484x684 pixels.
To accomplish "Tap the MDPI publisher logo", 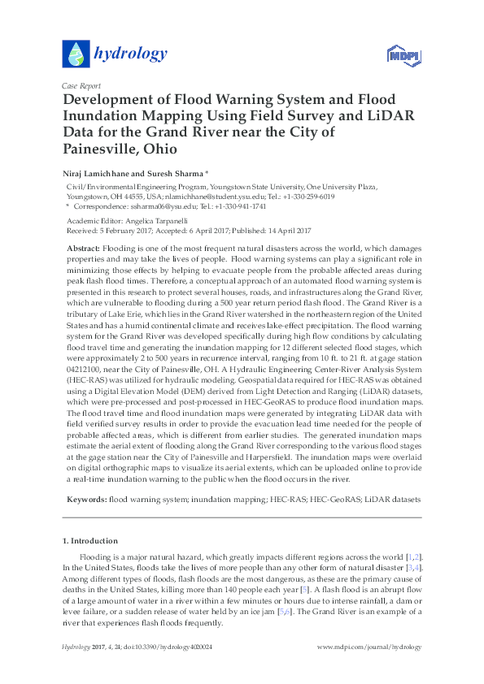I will pyautogui.click(x=400, y=55).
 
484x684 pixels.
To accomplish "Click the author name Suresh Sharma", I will pyautogui.click(x=181, y=173).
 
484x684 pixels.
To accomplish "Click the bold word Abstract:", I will pyautogui.click(x=84, y=246).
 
